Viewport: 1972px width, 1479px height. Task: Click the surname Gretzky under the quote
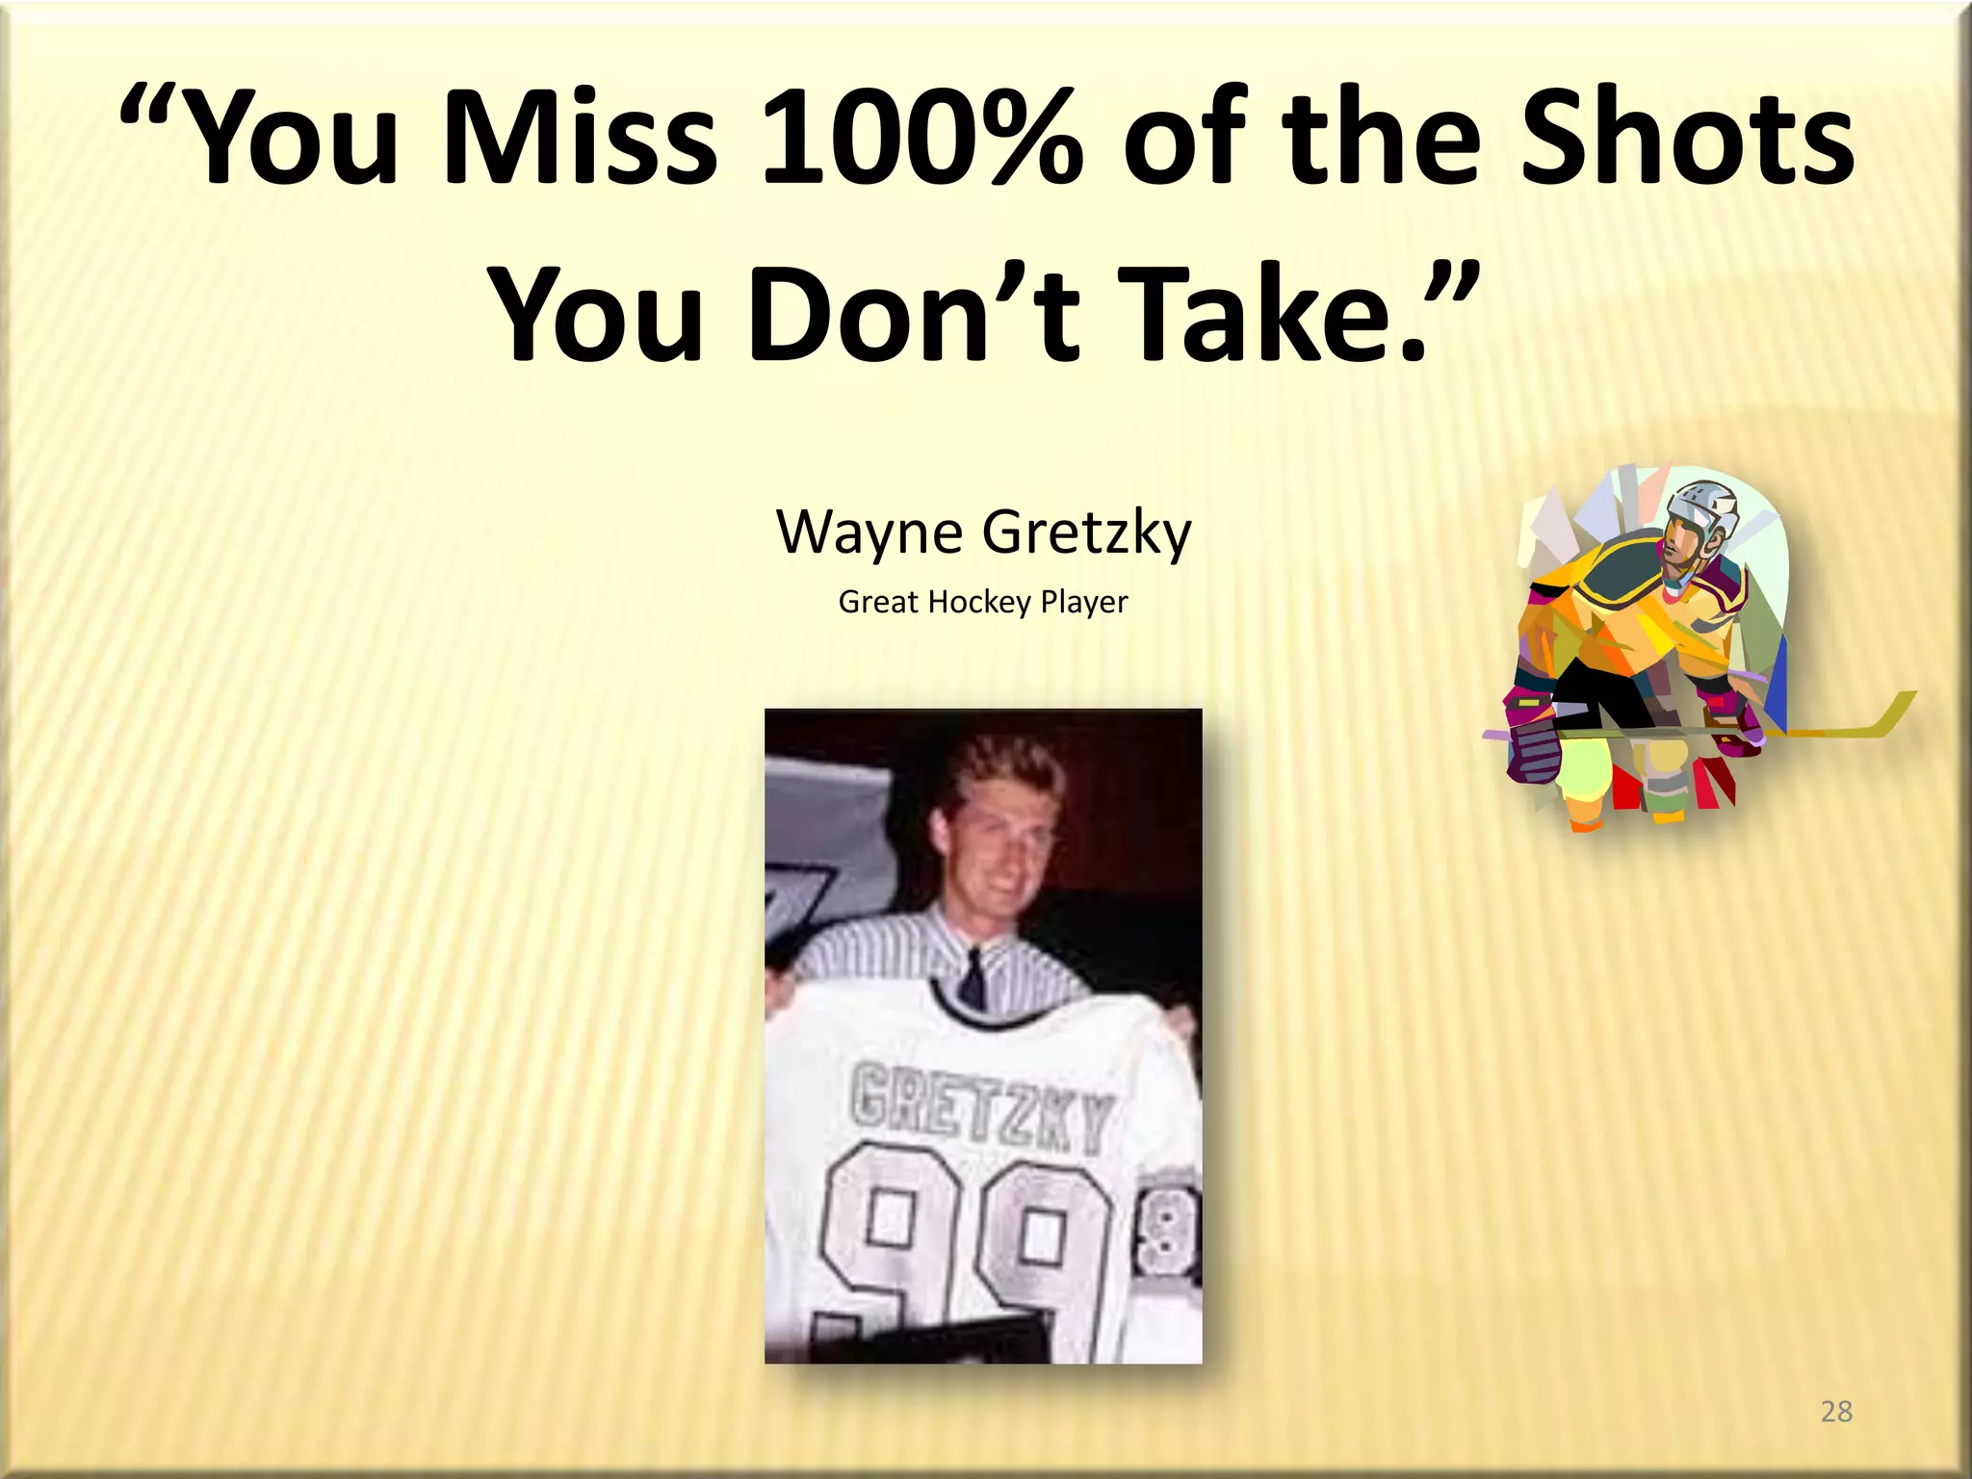pos(1087,533)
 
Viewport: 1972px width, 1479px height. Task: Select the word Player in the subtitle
pos(1084,603)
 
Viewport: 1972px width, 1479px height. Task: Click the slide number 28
pos(1836,1411)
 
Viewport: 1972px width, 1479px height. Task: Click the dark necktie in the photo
pos(973,977)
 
